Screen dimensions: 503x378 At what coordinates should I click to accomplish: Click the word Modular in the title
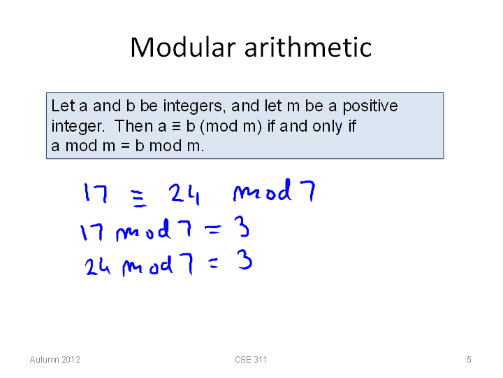click(x=183, y=48)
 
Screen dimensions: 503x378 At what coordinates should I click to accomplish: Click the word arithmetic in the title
click(x=308, y=48)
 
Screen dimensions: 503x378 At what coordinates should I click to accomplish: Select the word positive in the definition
click(x=370, y=106)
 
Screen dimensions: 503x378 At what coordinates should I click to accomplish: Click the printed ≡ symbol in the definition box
click(x=176, y=126)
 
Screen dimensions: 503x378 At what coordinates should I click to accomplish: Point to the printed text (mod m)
click(x=231, y=126)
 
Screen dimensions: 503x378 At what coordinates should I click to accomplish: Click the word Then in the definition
click(x=133, y=126)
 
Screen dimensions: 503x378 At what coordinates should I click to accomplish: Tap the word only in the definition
click(x=327, y=127)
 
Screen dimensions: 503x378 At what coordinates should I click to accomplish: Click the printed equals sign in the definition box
click(x=125, y=146)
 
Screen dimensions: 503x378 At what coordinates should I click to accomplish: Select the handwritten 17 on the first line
click(x=95, y=192)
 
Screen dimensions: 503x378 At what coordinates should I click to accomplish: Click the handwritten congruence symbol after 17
click(x=139, y=198)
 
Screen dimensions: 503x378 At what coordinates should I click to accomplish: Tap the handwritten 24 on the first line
click(x=184, y=193)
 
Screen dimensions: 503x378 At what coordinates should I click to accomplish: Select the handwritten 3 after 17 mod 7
click(x=242, y=227)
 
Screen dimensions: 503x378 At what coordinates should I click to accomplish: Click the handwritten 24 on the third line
click(x=98, y=267)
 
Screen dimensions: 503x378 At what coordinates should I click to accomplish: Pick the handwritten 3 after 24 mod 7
click(x=245, y=260)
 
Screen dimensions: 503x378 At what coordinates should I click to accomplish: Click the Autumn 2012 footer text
click(x=55, y=360)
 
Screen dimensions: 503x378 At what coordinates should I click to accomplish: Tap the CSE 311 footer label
click(x=251, y=360)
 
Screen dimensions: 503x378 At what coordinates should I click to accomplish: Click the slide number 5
click(x=469, y=360)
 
